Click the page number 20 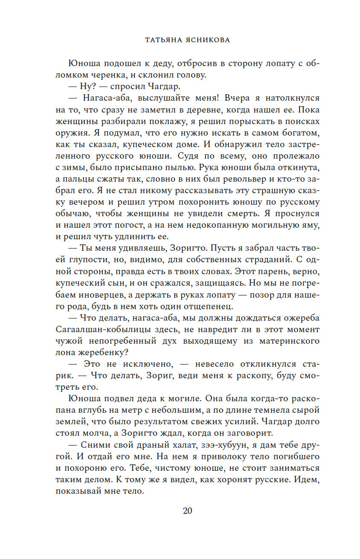coord(187,511)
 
